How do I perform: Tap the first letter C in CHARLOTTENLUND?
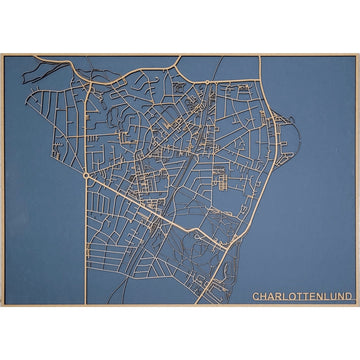(256, 297)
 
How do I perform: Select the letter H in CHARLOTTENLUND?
(263, 297)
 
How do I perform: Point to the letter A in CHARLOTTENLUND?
(270, 297)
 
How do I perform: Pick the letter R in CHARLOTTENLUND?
(277, 297)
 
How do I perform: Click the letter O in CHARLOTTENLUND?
(290, 297)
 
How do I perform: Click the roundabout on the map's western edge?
(87, 175)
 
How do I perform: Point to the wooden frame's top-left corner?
(2, 55)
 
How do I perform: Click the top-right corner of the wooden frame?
(357, 55)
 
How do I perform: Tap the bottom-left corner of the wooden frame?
(2, 305)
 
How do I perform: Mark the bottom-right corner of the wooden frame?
(357, 305)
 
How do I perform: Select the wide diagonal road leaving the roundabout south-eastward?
(150, 205)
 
